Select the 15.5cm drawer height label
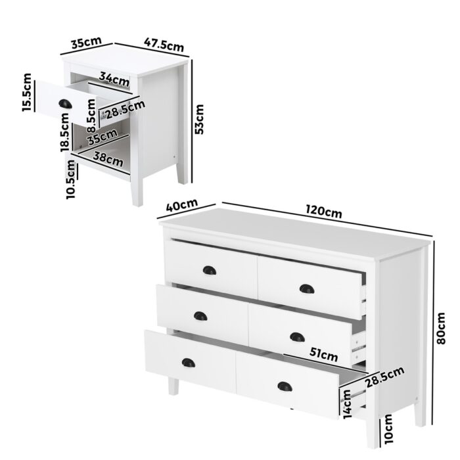(x=27, y=93)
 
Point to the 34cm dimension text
(x=114, y=80)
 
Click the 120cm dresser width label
(x=324, y=212)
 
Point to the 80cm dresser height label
(x=441, y=327)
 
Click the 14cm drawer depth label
(x=347, y=402)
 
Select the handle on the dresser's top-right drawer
(x=306, y=288)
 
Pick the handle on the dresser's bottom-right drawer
(x=284, y=386)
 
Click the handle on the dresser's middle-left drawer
(x=200, y=316)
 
